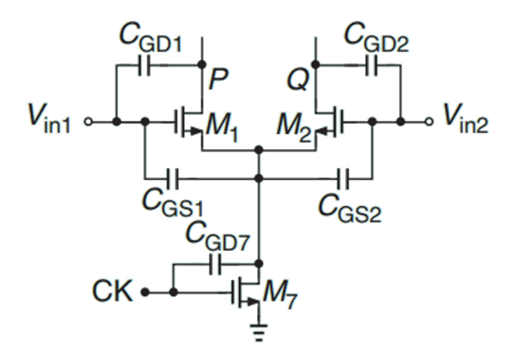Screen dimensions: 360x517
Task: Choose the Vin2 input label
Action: coord(465,120)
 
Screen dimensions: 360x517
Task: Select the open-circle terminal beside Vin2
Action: coord(429,120)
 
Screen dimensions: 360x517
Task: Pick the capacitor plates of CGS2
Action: coord(344,178)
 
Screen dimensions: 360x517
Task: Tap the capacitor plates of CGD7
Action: coord(216,264)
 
